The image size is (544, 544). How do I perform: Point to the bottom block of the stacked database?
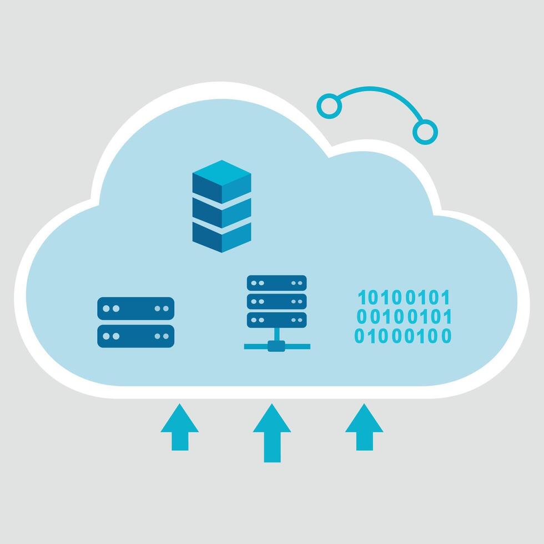click(x=221, y=235)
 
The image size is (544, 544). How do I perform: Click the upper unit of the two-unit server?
click(x=135, y=308)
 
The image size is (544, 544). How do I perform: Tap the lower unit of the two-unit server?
click(x=135, y=336)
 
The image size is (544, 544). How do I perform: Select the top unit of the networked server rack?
click(x=276, y=283)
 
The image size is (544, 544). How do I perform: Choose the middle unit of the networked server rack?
click(x=276, y=301)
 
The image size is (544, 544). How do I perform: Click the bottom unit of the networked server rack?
click(x=276, y=319)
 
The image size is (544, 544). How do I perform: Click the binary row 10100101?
click(x=404, y=298)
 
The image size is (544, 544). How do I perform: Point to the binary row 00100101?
click(x=404, y=317)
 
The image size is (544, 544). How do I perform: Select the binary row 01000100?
click(x=404, y=336)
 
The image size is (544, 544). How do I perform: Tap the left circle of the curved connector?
click(x=329, y=105)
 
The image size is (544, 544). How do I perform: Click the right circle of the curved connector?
click(x=425, y=131)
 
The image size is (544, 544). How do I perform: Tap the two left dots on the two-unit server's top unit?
click(x=112, y=308)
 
